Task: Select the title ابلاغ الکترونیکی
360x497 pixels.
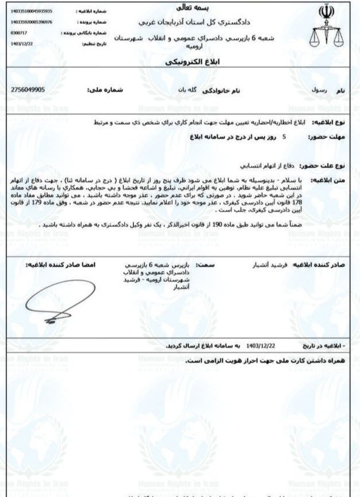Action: (181, 61)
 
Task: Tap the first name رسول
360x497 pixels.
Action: (320, 91)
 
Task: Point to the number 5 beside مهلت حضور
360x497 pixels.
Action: (284, 137)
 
